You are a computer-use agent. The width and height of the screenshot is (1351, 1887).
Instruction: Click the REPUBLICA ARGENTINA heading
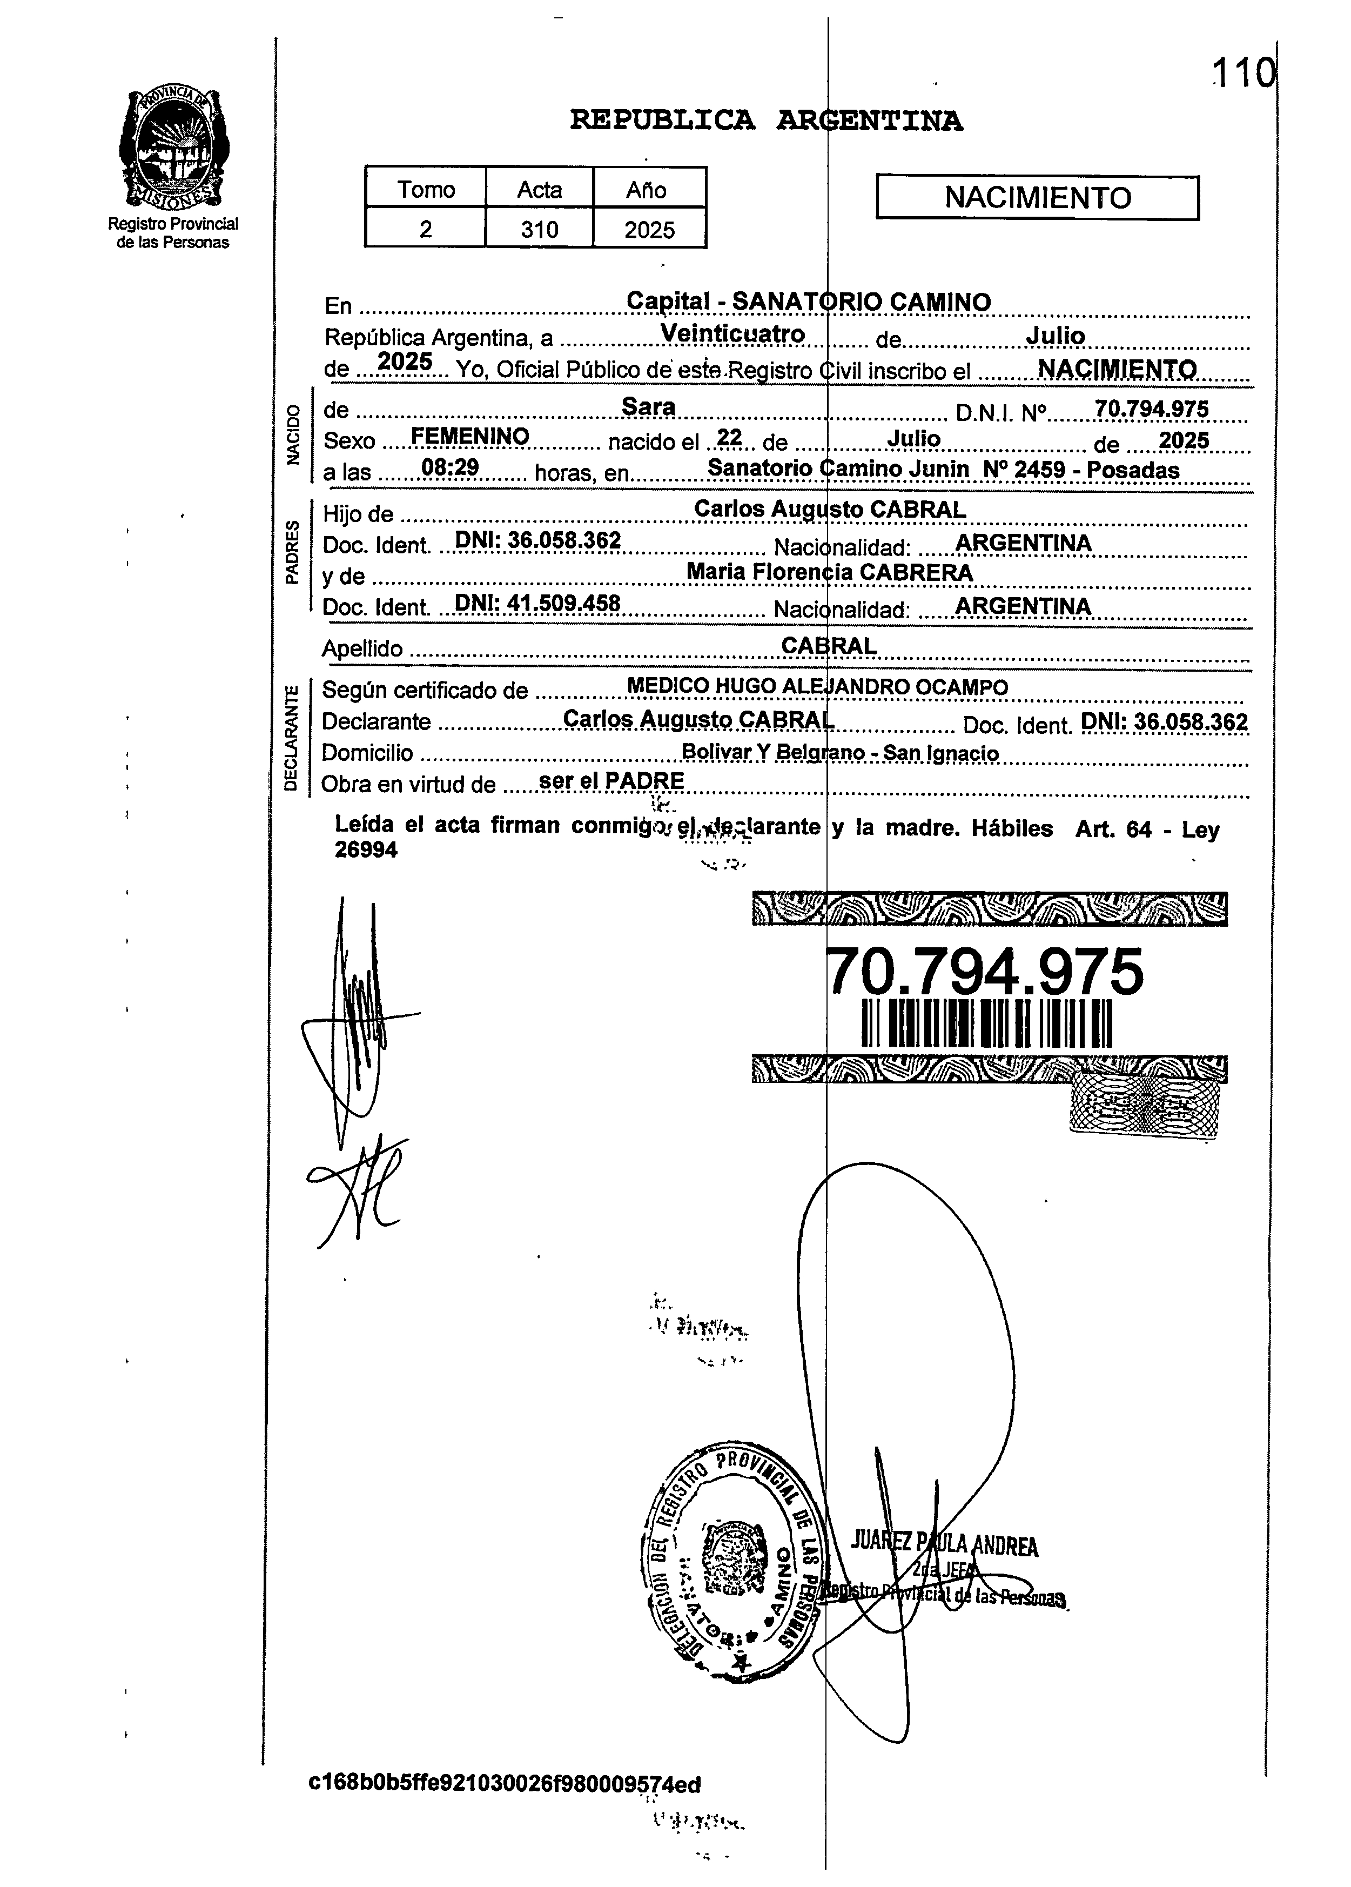766,122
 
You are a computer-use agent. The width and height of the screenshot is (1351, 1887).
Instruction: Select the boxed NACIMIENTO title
1037,198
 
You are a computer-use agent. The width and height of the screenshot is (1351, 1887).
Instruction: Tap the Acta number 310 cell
539,229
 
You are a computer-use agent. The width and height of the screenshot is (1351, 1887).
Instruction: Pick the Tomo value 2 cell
425,229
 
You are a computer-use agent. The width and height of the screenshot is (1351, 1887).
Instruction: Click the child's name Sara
649,406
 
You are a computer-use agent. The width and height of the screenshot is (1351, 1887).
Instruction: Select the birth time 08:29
450,467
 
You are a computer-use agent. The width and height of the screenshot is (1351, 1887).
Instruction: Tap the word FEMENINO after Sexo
470,436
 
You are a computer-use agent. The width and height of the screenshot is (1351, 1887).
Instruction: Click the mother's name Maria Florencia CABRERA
829,572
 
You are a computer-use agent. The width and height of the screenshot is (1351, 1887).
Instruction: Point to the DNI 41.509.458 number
538,603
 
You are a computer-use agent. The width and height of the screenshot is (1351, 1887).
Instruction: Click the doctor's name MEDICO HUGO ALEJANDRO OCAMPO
817,686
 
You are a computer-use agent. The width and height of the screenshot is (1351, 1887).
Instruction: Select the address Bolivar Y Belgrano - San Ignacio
839,753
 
